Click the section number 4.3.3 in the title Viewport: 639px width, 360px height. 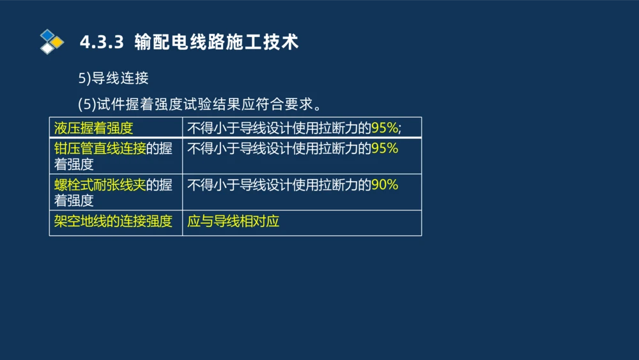(101, 42)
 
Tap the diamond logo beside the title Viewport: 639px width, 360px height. (52, 42)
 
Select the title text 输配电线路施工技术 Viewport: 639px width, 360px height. (217, 42)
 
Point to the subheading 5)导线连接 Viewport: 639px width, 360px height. (113, 78)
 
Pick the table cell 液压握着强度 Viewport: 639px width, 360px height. (94, 128)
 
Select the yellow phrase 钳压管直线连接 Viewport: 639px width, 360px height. (100, 148)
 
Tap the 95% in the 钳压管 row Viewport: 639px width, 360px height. (385, 148)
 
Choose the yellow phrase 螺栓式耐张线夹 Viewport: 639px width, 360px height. (100, 185)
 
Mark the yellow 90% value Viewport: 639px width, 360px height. (385, 185)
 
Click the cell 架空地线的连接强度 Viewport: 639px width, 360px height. (113, 222)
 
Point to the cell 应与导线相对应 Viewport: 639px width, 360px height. (233, 222)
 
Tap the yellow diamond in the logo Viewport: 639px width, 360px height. (58, 42)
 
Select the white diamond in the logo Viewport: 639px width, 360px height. (47, 49)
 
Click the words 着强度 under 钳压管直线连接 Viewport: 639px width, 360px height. (74, 164)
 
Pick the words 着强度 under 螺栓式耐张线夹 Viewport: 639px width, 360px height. (74, 201)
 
